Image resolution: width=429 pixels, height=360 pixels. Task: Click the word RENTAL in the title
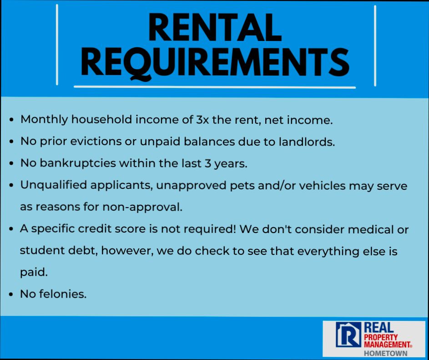[x=214, y=28]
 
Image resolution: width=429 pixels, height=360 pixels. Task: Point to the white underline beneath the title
[x=214, y=86]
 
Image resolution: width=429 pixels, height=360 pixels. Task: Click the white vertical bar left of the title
[x=57, y=45]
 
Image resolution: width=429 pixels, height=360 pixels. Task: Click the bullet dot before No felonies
[x=11, y=295]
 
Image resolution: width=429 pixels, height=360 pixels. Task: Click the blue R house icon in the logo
[x=346, y=335]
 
